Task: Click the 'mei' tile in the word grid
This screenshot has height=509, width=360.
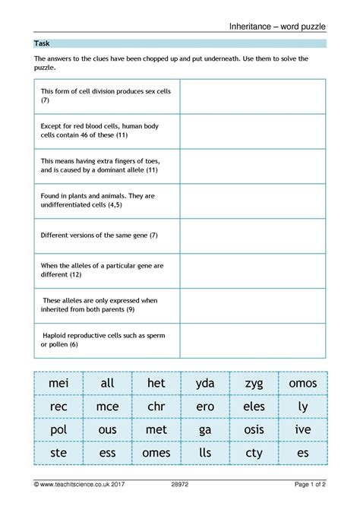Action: (x=58, y=384)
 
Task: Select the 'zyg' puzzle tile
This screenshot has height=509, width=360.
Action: (x=254, y=384)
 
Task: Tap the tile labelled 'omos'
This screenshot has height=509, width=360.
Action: (x=303, y=384)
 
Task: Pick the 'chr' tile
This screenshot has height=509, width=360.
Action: (x=156, y=406)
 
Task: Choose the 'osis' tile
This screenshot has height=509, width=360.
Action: (x=254, y=430)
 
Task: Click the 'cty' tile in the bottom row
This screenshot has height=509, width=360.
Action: (x=254, y=454)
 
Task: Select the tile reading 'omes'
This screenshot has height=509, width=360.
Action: (x=156, y=454)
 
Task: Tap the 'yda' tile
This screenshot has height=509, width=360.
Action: (x=205, y=384)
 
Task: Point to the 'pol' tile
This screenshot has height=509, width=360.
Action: (x=58, y=430)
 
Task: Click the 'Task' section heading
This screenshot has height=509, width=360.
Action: (x=43, y=44)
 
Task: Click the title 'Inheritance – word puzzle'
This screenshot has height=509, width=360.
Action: (x=277, y=27)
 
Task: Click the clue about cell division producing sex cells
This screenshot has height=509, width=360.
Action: (x=106, y=96)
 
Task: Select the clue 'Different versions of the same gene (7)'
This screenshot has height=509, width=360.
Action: (x=99, y=236)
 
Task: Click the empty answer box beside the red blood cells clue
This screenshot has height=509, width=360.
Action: (x=253, y=131)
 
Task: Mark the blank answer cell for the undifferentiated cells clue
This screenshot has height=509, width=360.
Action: (x=253, y=201)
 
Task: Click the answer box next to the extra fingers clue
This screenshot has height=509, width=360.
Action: (x=253, y=166)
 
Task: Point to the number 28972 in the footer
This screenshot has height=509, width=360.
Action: (x=180, y=483)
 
